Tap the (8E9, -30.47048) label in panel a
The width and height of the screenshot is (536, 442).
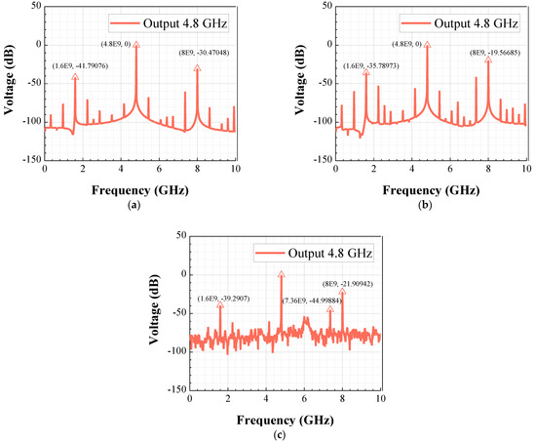pos(204,53)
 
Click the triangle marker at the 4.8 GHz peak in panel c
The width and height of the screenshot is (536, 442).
pos(282,275)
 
